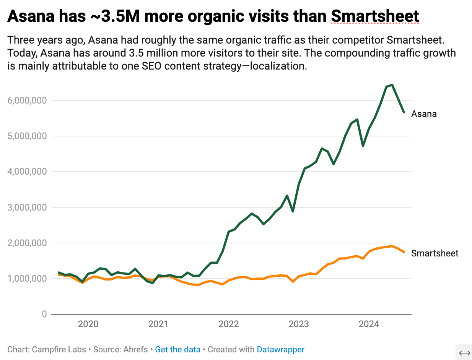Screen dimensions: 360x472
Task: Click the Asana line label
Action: coord(424,114)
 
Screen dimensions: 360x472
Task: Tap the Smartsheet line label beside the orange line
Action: coord(435,253)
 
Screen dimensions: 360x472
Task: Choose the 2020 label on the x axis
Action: coord(88,324)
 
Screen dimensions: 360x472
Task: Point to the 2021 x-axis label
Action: coord(158,324)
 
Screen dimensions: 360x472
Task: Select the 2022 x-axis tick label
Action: coord(228,324)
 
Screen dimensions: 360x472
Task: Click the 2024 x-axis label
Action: coord(369,324)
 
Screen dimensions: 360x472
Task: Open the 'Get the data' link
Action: coord(178,349)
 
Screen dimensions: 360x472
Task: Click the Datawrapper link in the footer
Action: coord(280,349)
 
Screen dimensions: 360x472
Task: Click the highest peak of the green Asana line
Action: coord(392,85)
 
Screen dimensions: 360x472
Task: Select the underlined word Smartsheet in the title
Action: coord(375,16)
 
